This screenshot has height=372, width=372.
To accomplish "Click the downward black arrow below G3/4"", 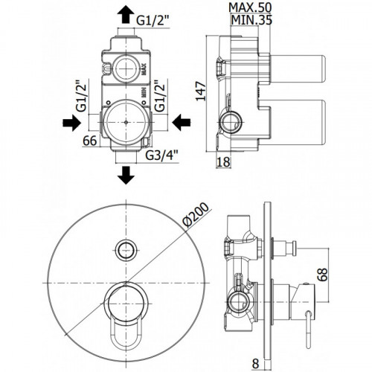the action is pos(126,175).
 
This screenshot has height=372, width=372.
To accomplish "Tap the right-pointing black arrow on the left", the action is pos(72,123).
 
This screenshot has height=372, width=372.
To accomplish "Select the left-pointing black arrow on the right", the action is pos(182,123).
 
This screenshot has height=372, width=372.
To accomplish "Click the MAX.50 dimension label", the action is pos(250,8).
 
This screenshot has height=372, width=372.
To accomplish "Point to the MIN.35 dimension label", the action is pos(251,20).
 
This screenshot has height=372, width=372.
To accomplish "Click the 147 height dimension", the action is pos(201,91).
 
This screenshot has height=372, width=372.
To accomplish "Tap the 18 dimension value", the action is pos(223,162).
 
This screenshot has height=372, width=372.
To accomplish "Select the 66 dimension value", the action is pos(90,141).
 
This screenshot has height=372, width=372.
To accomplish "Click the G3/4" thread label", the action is pos(161,155).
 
